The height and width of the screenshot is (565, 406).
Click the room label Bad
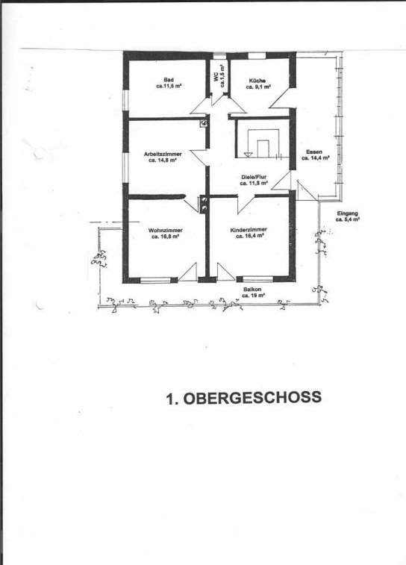[169, 80]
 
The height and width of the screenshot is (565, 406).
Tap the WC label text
[216, 77]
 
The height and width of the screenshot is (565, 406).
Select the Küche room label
[257, 81]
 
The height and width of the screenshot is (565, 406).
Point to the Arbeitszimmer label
[163, 154]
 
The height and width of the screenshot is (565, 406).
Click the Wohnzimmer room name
[166, 230]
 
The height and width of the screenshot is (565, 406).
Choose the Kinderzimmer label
[249, 230]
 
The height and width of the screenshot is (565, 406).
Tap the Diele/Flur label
[254, 177]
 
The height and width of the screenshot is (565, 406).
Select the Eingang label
[348, 213]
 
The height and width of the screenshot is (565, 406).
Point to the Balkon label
[252, 290]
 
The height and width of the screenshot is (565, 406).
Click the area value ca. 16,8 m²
[166, 237]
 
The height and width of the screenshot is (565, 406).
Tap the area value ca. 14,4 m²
[316, 157]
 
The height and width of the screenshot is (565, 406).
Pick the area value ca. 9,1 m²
[258, 87]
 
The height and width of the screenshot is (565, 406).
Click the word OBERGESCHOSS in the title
[252, 398]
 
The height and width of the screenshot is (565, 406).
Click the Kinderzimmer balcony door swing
[226, 272]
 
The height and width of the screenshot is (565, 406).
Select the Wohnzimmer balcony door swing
[188, 272]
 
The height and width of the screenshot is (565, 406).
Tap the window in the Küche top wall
[257, 55]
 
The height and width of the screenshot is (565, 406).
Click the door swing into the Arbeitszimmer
[198, 157]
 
